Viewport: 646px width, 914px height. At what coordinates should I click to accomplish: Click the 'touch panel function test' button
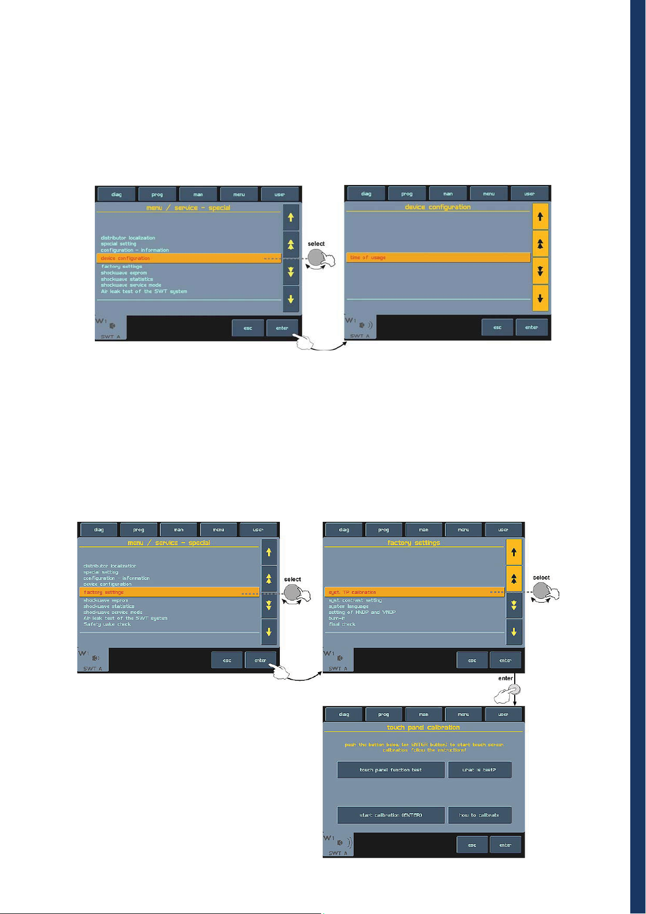click(391, 770)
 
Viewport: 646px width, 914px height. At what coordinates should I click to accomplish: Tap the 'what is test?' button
click(479, 770)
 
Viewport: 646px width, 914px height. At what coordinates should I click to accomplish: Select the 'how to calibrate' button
click(479, 815)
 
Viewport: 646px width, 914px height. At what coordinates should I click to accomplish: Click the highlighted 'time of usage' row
click(438, 258)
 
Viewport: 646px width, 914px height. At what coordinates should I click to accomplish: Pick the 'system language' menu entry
click(348, 606)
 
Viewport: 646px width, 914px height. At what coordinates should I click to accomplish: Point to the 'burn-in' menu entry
click(337, 618)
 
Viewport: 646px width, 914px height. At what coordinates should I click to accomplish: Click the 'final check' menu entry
click(342, 624)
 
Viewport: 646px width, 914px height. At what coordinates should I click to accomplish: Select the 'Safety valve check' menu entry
click(107, 624)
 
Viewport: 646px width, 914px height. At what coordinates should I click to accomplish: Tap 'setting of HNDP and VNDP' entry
click(362, 612)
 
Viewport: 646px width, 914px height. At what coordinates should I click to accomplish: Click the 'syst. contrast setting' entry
click(355, 600)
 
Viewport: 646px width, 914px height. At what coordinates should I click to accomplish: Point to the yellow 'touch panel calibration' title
click(423, 727)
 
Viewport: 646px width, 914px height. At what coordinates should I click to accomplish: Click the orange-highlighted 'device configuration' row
click(188, 258)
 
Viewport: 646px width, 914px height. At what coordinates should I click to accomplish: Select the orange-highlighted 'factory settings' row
click(169, 592)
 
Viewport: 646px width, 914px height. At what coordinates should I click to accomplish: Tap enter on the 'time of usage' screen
click(532, 328)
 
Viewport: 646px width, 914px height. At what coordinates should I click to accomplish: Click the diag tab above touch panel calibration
click(344, 714)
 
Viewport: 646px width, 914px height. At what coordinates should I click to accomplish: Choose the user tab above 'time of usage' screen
click(529, 194)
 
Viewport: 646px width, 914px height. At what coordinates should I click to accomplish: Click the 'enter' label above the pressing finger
click(506, 678)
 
